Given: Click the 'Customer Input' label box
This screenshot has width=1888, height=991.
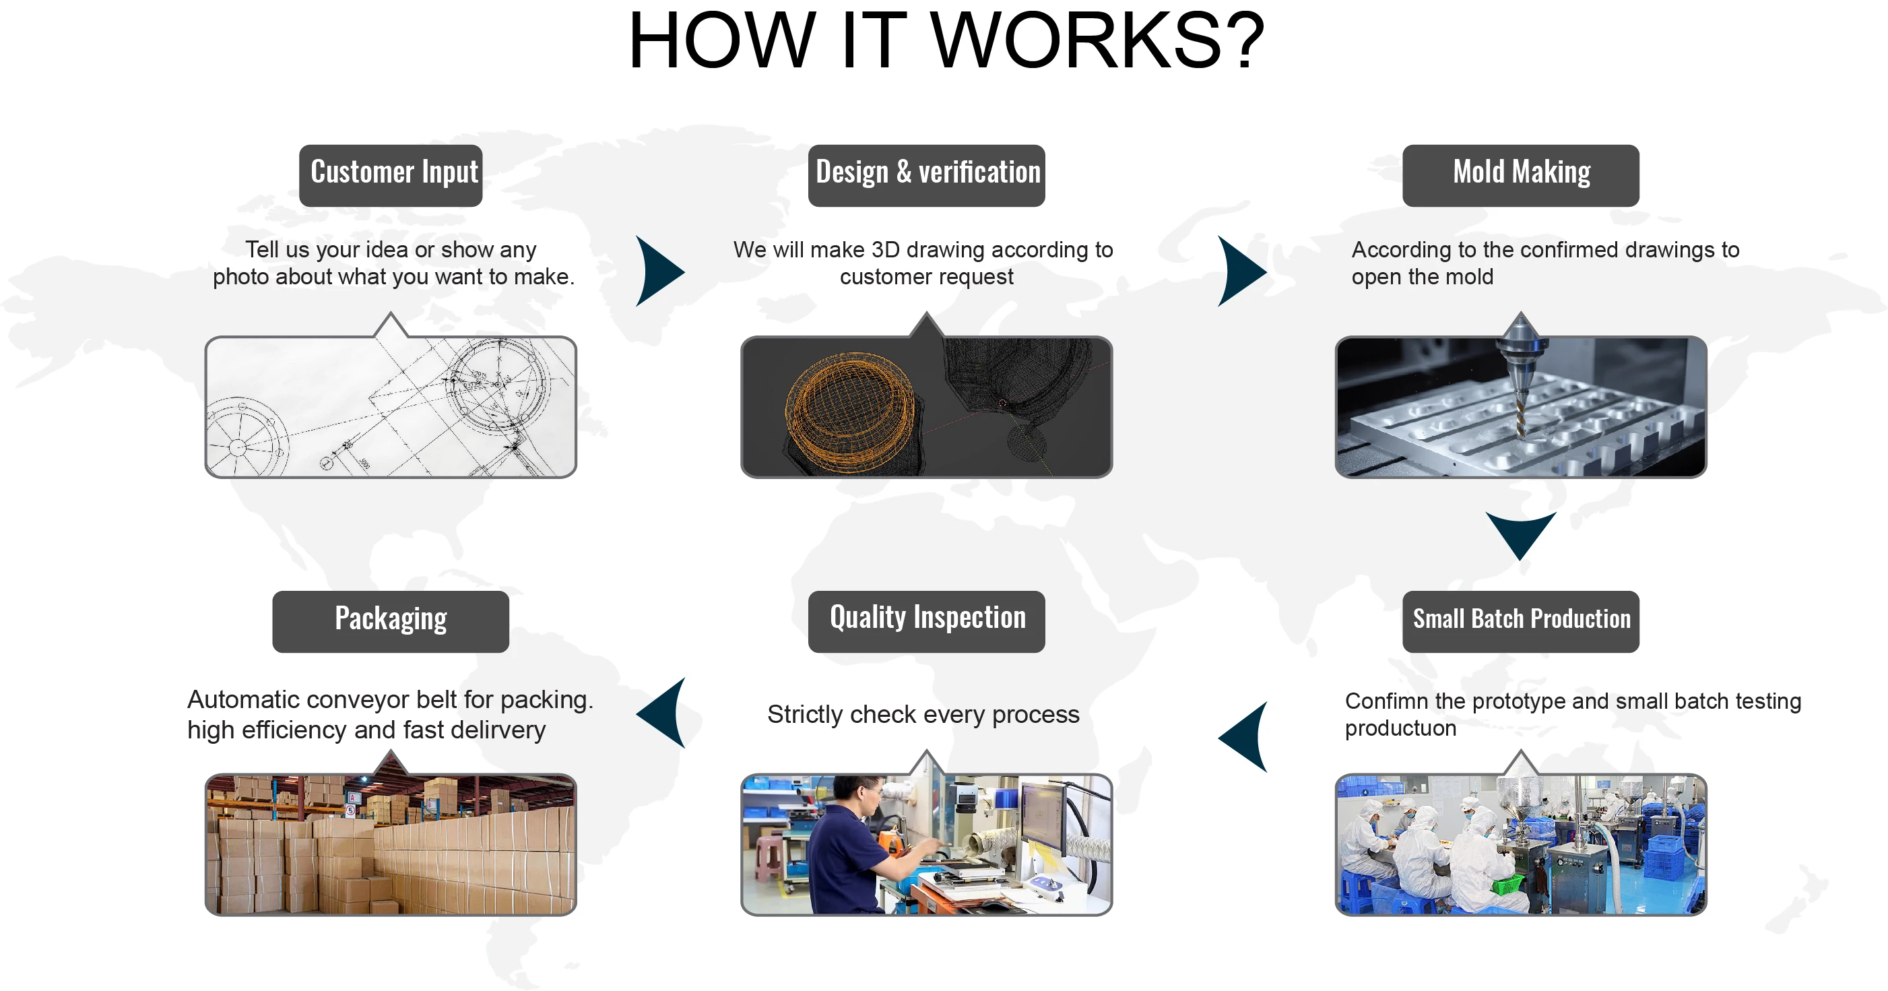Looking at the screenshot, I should click(391, 174).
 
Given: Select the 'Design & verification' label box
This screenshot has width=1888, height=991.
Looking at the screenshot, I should click(926, 174).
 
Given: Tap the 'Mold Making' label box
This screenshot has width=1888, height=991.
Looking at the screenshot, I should click(1521, 174).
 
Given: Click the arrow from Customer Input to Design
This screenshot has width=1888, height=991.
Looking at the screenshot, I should click(658, 271).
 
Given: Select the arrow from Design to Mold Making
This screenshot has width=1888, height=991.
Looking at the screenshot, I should click(1240, 271).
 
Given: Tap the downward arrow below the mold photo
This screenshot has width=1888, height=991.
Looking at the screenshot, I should click(1521, 533).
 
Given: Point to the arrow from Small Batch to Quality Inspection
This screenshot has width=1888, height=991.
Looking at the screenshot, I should click(1245, 736).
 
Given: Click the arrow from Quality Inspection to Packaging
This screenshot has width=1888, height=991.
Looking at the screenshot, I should click(663, 713).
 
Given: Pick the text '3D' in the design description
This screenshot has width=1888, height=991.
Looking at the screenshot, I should click(885, 250).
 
